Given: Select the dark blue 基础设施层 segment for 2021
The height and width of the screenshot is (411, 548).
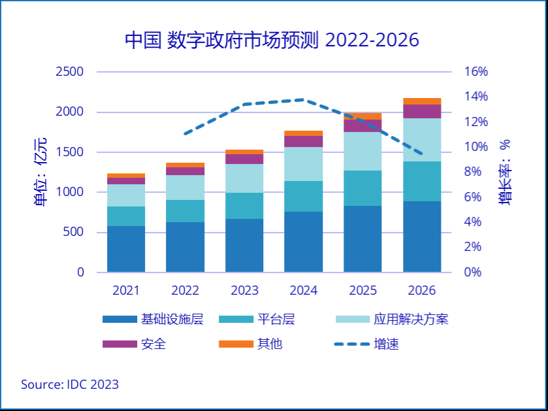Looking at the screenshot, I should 126,249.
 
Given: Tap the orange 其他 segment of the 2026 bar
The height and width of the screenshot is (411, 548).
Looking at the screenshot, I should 421,101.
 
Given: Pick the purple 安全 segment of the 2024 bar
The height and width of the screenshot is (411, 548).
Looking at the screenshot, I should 303,141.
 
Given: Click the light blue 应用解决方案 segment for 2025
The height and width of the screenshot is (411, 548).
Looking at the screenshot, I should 363,151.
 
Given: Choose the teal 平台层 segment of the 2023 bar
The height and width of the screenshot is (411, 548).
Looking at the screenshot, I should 244,206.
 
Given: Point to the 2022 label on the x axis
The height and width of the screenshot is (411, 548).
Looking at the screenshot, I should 185,290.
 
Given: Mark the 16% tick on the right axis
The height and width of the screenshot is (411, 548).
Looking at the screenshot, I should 475,72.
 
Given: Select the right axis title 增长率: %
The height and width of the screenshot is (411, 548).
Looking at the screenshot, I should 505,172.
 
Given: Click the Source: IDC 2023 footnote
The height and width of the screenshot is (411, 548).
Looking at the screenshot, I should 70,384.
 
